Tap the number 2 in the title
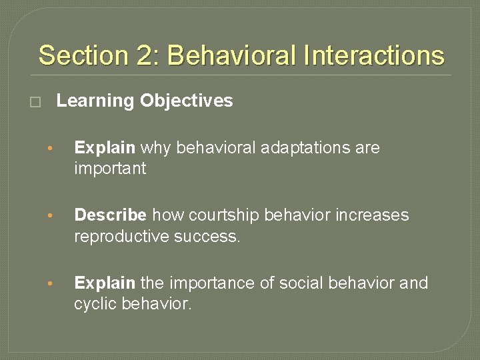pyautogui.click(x=145, y=55)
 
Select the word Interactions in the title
pyautogui.click(x=373, y=55)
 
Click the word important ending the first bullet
pyautogui.click(x=110, y=169)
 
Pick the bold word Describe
pyautogui.click(x=111, y=215)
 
